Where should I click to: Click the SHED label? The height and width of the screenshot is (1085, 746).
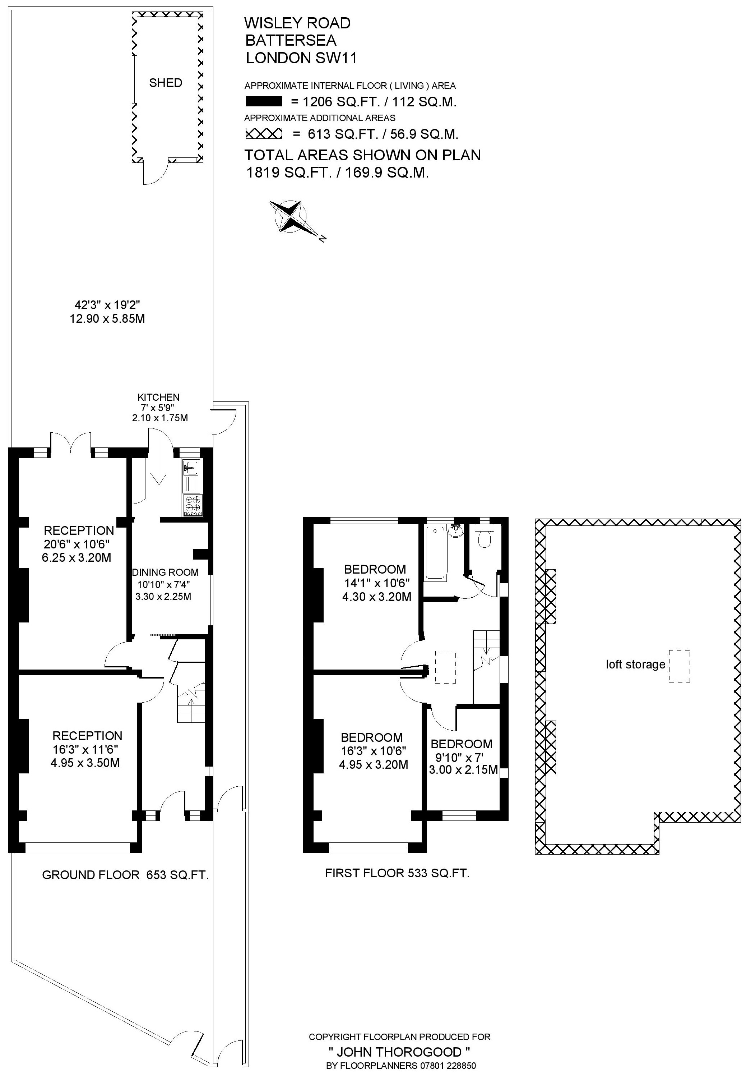click(x=166, y=83)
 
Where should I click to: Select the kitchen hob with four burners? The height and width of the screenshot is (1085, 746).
click(x=193, y=505)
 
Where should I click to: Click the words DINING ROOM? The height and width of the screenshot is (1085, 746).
click(x=166, y=572)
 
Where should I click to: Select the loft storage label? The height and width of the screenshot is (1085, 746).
click(x=635, y=664)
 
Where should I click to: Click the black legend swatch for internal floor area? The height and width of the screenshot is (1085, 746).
click(x=264, y=101)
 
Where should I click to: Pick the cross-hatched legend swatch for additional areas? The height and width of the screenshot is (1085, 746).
click(x=264, y=134)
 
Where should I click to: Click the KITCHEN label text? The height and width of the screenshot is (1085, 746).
click(x=158, y=397)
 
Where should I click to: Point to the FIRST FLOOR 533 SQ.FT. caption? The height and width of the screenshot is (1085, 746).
click(x=397, y=873)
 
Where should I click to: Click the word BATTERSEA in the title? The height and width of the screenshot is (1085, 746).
click(x=291, y=40)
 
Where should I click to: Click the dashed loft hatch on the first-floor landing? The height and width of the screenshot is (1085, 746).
click(x=445, y=667)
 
